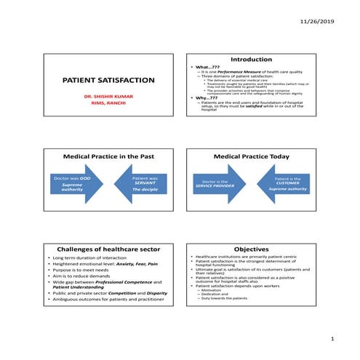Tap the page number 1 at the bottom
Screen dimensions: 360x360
click(332, 339)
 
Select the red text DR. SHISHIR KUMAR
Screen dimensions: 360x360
click(108, 95)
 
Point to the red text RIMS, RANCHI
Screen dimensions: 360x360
click(108, 103)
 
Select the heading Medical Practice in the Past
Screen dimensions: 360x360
click(108, 156)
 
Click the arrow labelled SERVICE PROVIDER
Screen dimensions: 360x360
click(215, 183)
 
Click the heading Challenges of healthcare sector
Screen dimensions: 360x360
click(108, 249)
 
